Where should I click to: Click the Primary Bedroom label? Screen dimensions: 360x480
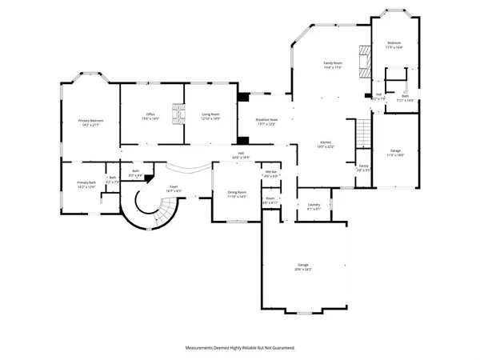[90, 122]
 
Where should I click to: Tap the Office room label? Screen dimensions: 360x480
[150, 117]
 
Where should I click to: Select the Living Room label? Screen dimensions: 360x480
[210, 117]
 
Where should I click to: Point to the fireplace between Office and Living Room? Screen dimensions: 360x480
[179, 111]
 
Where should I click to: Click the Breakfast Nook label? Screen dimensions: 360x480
[266, 122]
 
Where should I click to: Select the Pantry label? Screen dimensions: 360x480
[362, 167]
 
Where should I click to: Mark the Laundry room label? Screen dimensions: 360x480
[314, 206]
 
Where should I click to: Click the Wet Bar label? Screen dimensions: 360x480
[271, 174]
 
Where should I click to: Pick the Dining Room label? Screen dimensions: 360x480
[237, 194]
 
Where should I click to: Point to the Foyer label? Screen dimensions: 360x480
[173, 188]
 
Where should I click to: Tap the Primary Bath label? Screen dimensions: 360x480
[86, 185]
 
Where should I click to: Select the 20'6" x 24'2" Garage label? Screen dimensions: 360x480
[304, 267]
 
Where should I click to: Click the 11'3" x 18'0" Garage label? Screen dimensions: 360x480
[395, 153]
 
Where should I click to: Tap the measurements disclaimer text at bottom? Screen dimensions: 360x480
[240, 348]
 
